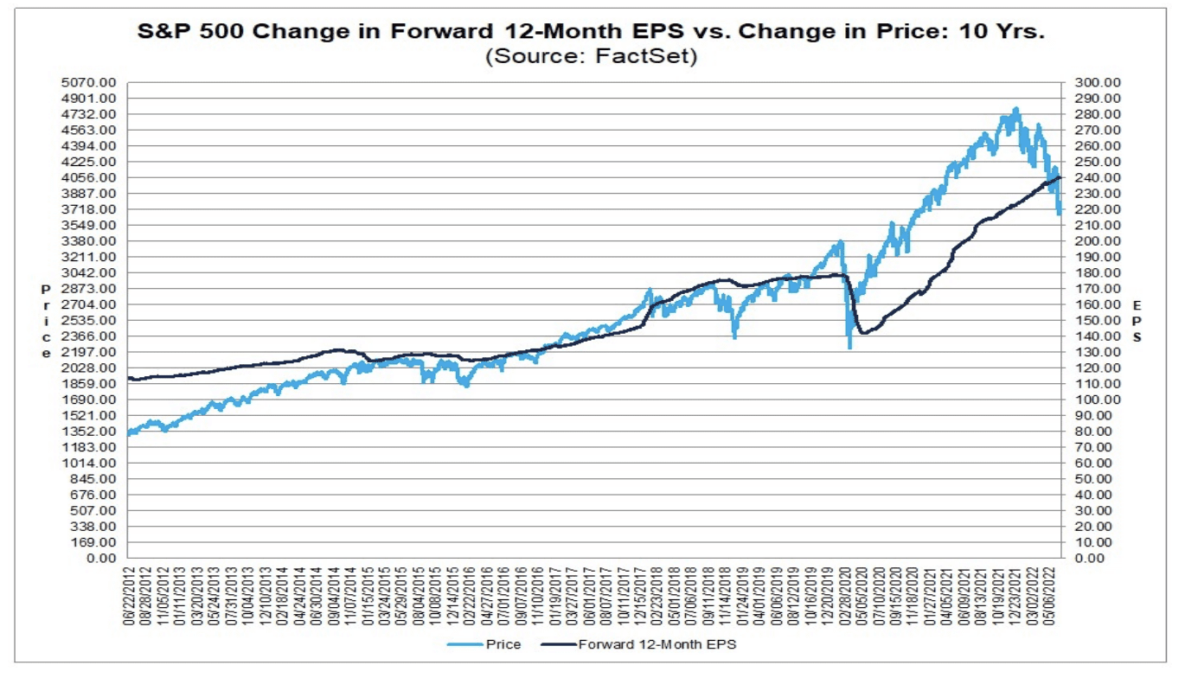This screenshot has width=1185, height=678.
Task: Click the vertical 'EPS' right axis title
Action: pos(1137,321)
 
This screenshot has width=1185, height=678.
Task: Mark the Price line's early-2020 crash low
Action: pos(849,347)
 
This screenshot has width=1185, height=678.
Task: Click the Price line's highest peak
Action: pos(1016,109)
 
